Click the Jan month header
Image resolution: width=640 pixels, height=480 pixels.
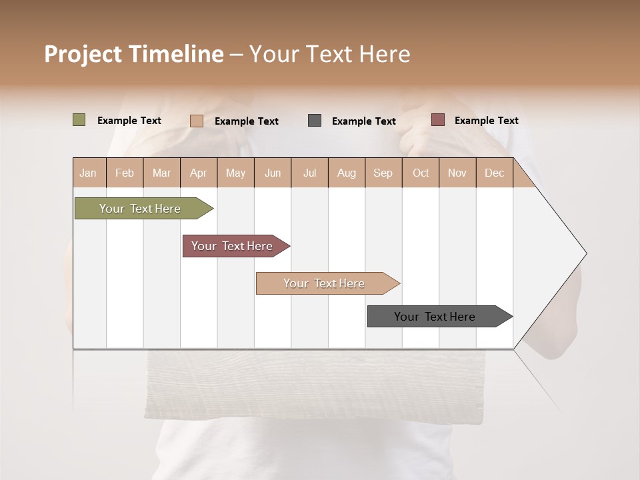[88, 173]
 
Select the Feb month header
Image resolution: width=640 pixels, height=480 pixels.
[125, 173]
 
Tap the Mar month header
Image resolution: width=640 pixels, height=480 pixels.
[161, 173]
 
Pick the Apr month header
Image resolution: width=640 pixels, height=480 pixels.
[199, 173]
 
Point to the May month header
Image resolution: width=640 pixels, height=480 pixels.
[235, 173]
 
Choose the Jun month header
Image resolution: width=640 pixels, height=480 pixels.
[273, 173]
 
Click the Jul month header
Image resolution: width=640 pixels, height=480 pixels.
[309, 173]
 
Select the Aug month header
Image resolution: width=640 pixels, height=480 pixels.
[347, 173]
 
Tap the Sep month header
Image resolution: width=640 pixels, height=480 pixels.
[383, 173]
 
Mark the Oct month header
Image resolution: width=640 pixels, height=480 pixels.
[421, 173]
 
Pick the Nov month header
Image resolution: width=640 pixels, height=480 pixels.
[457, 173]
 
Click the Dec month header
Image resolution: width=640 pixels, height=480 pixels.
[495, 173]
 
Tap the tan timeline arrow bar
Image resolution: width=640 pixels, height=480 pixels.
[325, 283]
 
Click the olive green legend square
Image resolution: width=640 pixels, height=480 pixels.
[79, 120]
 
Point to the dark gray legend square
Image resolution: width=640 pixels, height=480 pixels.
[315, 121]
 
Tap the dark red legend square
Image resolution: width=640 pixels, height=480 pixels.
[437, 120]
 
